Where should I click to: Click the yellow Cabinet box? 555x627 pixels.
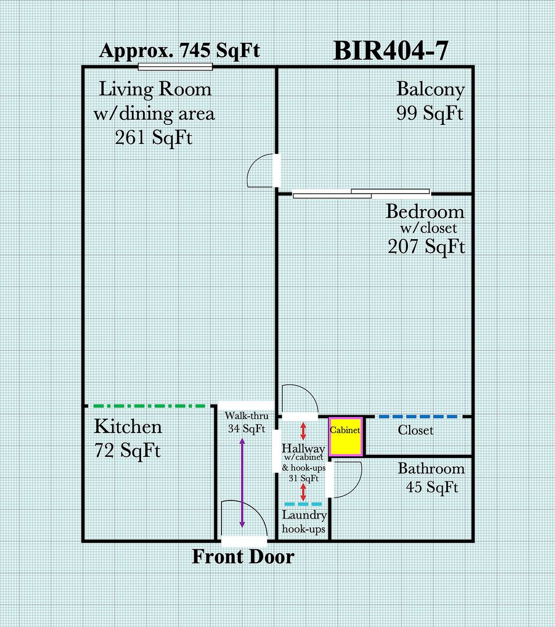pos(346,437)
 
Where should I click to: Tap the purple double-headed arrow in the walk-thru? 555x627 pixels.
pos(242,482)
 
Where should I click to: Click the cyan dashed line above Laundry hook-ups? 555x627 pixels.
pos(303,505)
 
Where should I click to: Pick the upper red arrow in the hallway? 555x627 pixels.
pos(303,431)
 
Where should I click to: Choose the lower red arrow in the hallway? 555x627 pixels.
pos(303,492)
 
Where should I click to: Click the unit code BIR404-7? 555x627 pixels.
pos(391,51)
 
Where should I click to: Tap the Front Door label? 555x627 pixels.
pos(244,557)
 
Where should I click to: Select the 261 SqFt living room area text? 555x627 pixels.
pos(153,138)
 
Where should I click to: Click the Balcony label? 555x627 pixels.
pos(431,89)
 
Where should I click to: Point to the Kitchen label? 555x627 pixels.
pos(128,427)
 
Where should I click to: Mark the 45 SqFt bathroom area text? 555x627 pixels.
pos(432,487)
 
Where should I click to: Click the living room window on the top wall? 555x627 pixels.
pos(176,67)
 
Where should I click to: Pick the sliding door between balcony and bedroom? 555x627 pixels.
pos(361,194)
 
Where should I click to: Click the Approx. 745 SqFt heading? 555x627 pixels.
pos(180,51)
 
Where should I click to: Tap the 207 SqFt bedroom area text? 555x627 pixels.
pos(427,246)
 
